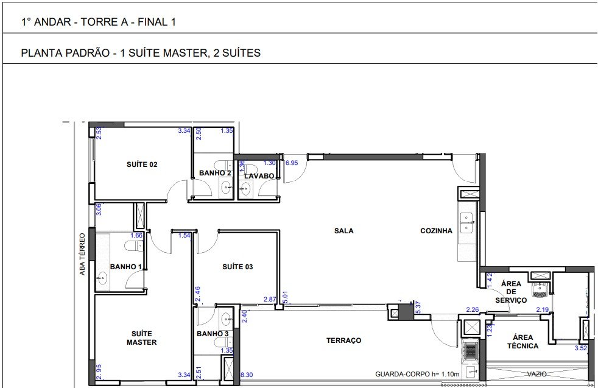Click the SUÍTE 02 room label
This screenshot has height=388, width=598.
(x=142, y=164)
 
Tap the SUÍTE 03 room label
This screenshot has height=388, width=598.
(x=237, y=267)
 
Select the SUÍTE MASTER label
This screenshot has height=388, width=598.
(x=141, y=338)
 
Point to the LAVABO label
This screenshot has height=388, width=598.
(x=259, y=176)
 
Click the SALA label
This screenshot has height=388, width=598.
(x=344, y=231)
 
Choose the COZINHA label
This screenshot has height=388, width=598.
(x=436, y=231)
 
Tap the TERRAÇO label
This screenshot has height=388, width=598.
(x=343, y=340)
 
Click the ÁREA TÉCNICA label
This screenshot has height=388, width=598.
(x=523, y=342)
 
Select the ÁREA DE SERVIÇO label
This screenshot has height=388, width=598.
(x=511, y=292)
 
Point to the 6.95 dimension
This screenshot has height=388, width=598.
(x=292, y=163)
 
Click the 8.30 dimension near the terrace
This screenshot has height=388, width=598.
(x=247, y=375)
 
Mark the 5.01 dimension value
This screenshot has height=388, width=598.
(x=285, y=298)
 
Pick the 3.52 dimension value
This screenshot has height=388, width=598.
(x=581, y=348)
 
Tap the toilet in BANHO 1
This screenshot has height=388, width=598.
(x=134, y=245)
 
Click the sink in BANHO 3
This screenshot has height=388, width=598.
(x=226, y=317)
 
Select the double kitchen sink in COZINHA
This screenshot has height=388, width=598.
(x=466, y=222)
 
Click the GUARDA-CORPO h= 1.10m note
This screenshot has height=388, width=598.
(x=417, y=374)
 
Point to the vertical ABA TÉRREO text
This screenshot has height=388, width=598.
(x=82, y=254)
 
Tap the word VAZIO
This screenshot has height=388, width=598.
(x=536, y=374)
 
